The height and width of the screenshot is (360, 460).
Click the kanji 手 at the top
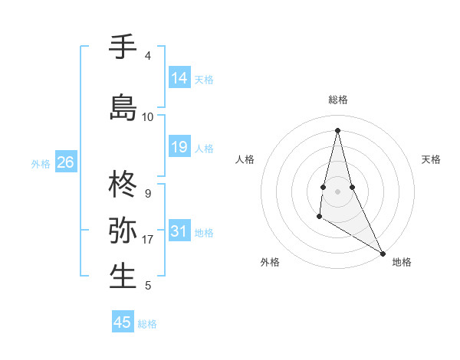pos(123,47)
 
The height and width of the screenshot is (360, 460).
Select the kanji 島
pos(123,107)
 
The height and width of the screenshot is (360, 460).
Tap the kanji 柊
pos(123,185)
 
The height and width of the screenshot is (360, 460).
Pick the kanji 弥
pos(123,230)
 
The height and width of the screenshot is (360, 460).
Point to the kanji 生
pos(123,276)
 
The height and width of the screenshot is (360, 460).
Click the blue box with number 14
pos(179,78)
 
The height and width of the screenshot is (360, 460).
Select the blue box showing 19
pos(179,147)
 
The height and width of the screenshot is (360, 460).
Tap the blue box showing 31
pos(179,231)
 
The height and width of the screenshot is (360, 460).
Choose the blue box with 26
pos(65,162)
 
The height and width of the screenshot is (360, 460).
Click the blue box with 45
pos(123,322)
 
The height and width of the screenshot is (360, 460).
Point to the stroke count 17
pos(148,240)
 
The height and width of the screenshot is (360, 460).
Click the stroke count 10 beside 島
pos(148,117)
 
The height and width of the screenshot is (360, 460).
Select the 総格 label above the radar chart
pos(337,100)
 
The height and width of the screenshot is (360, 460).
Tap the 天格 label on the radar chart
pos(431,159)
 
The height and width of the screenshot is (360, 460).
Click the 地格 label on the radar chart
pos(402,262)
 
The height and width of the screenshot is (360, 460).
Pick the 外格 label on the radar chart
pos(270,262)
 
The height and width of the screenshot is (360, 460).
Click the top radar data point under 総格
pos(337,129)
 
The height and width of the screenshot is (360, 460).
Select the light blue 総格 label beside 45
pos(147,324)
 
